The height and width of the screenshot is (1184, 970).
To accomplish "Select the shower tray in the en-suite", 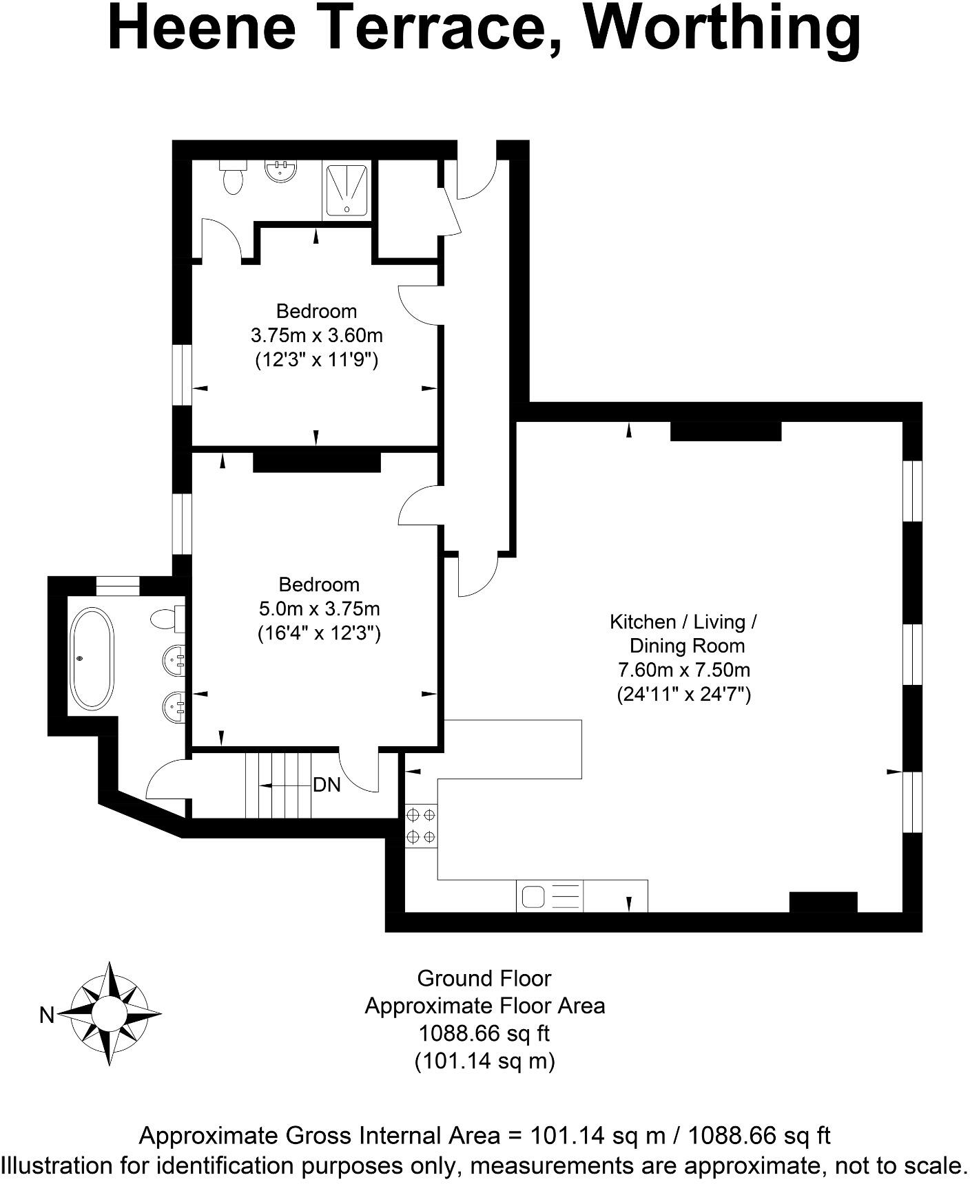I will [x=347, y=190].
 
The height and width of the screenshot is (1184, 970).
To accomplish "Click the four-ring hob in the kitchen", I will [x=421, y=826].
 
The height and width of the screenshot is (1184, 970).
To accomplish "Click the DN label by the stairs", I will [x=327, y=785].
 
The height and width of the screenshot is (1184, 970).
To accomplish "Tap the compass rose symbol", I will [x=110, y=1013].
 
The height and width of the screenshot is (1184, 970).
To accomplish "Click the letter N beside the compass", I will [x=47, y=1015].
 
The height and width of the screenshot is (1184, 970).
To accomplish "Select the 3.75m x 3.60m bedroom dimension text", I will [x=316, y=336].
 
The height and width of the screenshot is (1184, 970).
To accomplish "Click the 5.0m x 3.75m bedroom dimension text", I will [x=319, y=609].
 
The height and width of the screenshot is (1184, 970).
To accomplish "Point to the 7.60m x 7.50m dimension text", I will [x=684, y=669].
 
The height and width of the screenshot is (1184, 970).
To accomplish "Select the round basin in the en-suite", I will [x=281, y=171].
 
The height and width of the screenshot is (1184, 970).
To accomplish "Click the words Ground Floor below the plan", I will [x=484, y=978].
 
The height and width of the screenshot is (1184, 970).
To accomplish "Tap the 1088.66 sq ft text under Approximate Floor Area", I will [x=484, y=1033].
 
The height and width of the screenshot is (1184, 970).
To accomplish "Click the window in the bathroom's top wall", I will [x=118, y=586].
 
